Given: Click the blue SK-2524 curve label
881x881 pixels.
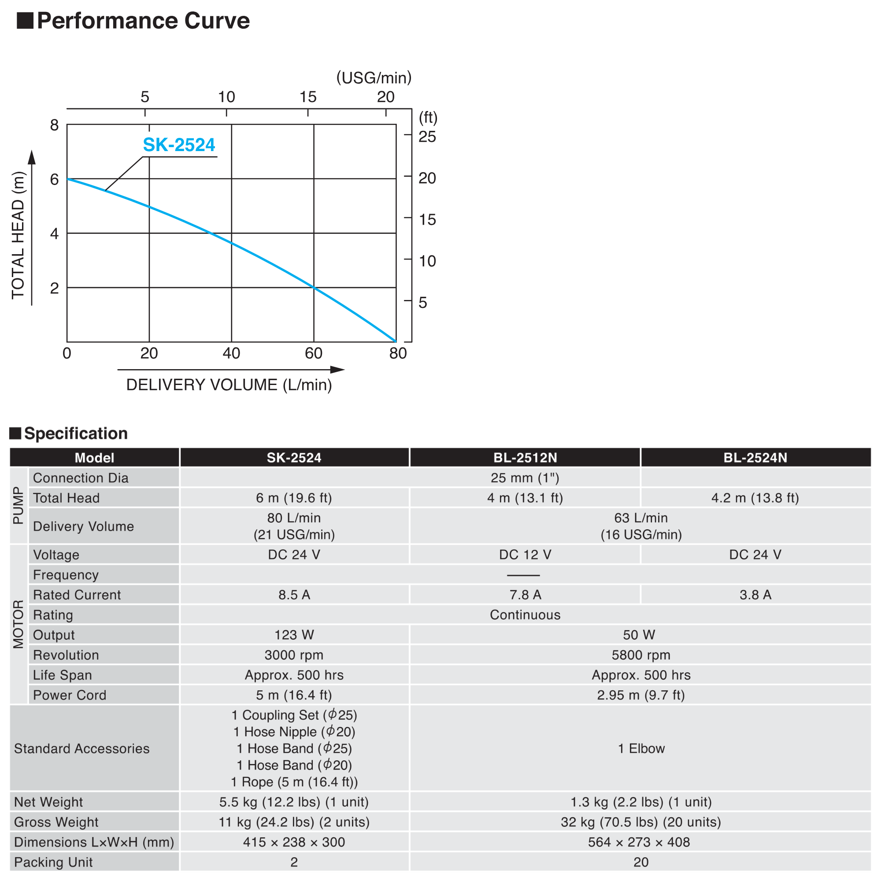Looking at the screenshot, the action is (179, 144).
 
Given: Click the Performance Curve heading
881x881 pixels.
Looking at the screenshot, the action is (143, 21).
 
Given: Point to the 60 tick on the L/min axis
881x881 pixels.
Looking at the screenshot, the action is (313, 353).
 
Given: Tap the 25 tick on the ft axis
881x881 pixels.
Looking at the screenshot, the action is (427, 137).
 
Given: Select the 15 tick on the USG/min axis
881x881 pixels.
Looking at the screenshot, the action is (308, 96).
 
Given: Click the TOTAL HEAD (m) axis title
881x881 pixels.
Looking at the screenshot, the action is (18, 235).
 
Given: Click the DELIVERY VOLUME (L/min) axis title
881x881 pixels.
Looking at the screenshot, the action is (229, 385).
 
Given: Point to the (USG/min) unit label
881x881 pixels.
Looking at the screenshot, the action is (374, 78).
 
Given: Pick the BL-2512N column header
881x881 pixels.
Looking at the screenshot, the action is (525, 457).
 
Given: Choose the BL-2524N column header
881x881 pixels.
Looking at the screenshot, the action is (755, 457).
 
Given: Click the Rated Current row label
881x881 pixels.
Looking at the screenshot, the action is (77, 595).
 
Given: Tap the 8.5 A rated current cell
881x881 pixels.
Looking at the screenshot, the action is (294, 595).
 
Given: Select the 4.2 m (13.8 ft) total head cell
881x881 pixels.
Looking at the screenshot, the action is (755, 497).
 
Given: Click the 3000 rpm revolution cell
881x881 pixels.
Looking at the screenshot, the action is (294, 655).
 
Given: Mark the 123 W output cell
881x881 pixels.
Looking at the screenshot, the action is (294, 635).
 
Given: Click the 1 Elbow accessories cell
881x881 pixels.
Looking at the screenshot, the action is (641, 748).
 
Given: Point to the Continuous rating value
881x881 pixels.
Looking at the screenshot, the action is (525, 614).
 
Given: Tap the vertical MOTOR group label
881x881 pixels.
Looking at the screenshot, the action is (18, 624).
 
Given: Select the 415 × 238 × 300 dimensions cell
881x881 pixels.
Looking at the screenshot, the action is (294, 842).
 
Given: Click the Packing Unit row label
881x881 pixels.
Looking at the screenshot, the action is (53, 862).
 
